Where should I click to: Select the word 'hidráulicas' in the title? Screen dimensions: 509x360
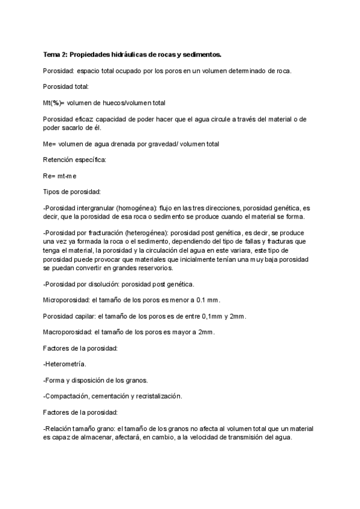pos(129,55)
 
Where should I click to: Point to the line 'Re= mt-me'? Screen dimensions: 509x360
pos(59,176)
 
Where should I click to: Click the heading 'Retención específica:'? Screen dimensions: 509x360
pos(74,160)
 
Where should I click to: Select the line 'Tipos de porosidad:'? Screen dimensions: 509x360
pos(72,191)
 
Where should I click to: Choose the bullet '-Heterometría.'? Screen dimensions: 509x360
pos(65,364)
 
